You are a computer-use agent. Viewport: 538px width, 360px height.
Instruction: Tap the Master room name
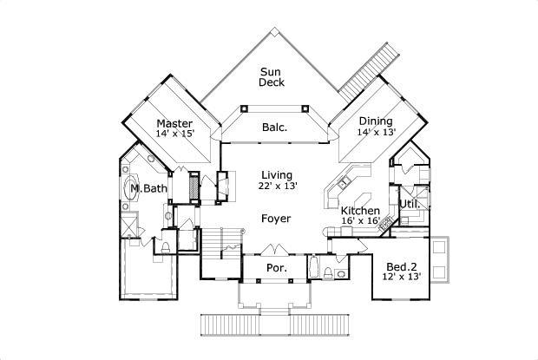[x=174, y=122]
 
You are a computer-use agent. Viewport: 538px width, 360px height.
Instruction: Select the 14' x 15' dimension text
[x=174, y=134]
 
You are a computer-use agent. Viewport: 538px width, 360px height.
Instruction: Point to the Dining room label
[x=375, y=121]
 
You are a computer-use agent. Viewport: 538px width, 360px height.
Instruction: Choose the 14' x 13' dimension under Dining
[x=377, y=133]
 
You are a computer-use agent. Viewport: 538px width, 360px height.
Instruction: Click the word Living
[x=277, y=174]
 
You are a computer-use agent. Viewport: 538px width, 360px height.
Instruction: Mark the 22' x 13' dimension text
[x=277, y=187]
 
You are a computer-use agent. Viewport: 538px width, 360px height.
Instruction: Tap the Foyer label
[x=276, y=219]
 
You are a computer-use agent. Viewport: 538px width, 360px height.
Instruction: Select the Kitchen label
[x=359, y=211]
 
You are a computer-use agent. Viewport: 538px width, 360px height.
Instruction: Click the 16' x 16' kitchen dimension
[x=359, y=222]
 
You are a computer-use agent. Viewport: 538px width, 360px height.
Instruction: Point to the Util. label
[x=410, y=205]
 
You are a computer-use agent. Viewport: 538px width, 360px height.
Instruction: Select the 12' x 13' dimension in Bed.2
[x=402, y=277]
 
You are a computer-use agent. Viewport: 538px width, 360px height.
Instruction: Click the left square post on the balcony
[x=245, y=108]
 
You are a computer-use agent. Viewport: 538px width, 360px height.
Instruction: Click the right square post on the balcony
[x=305, y=108]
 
